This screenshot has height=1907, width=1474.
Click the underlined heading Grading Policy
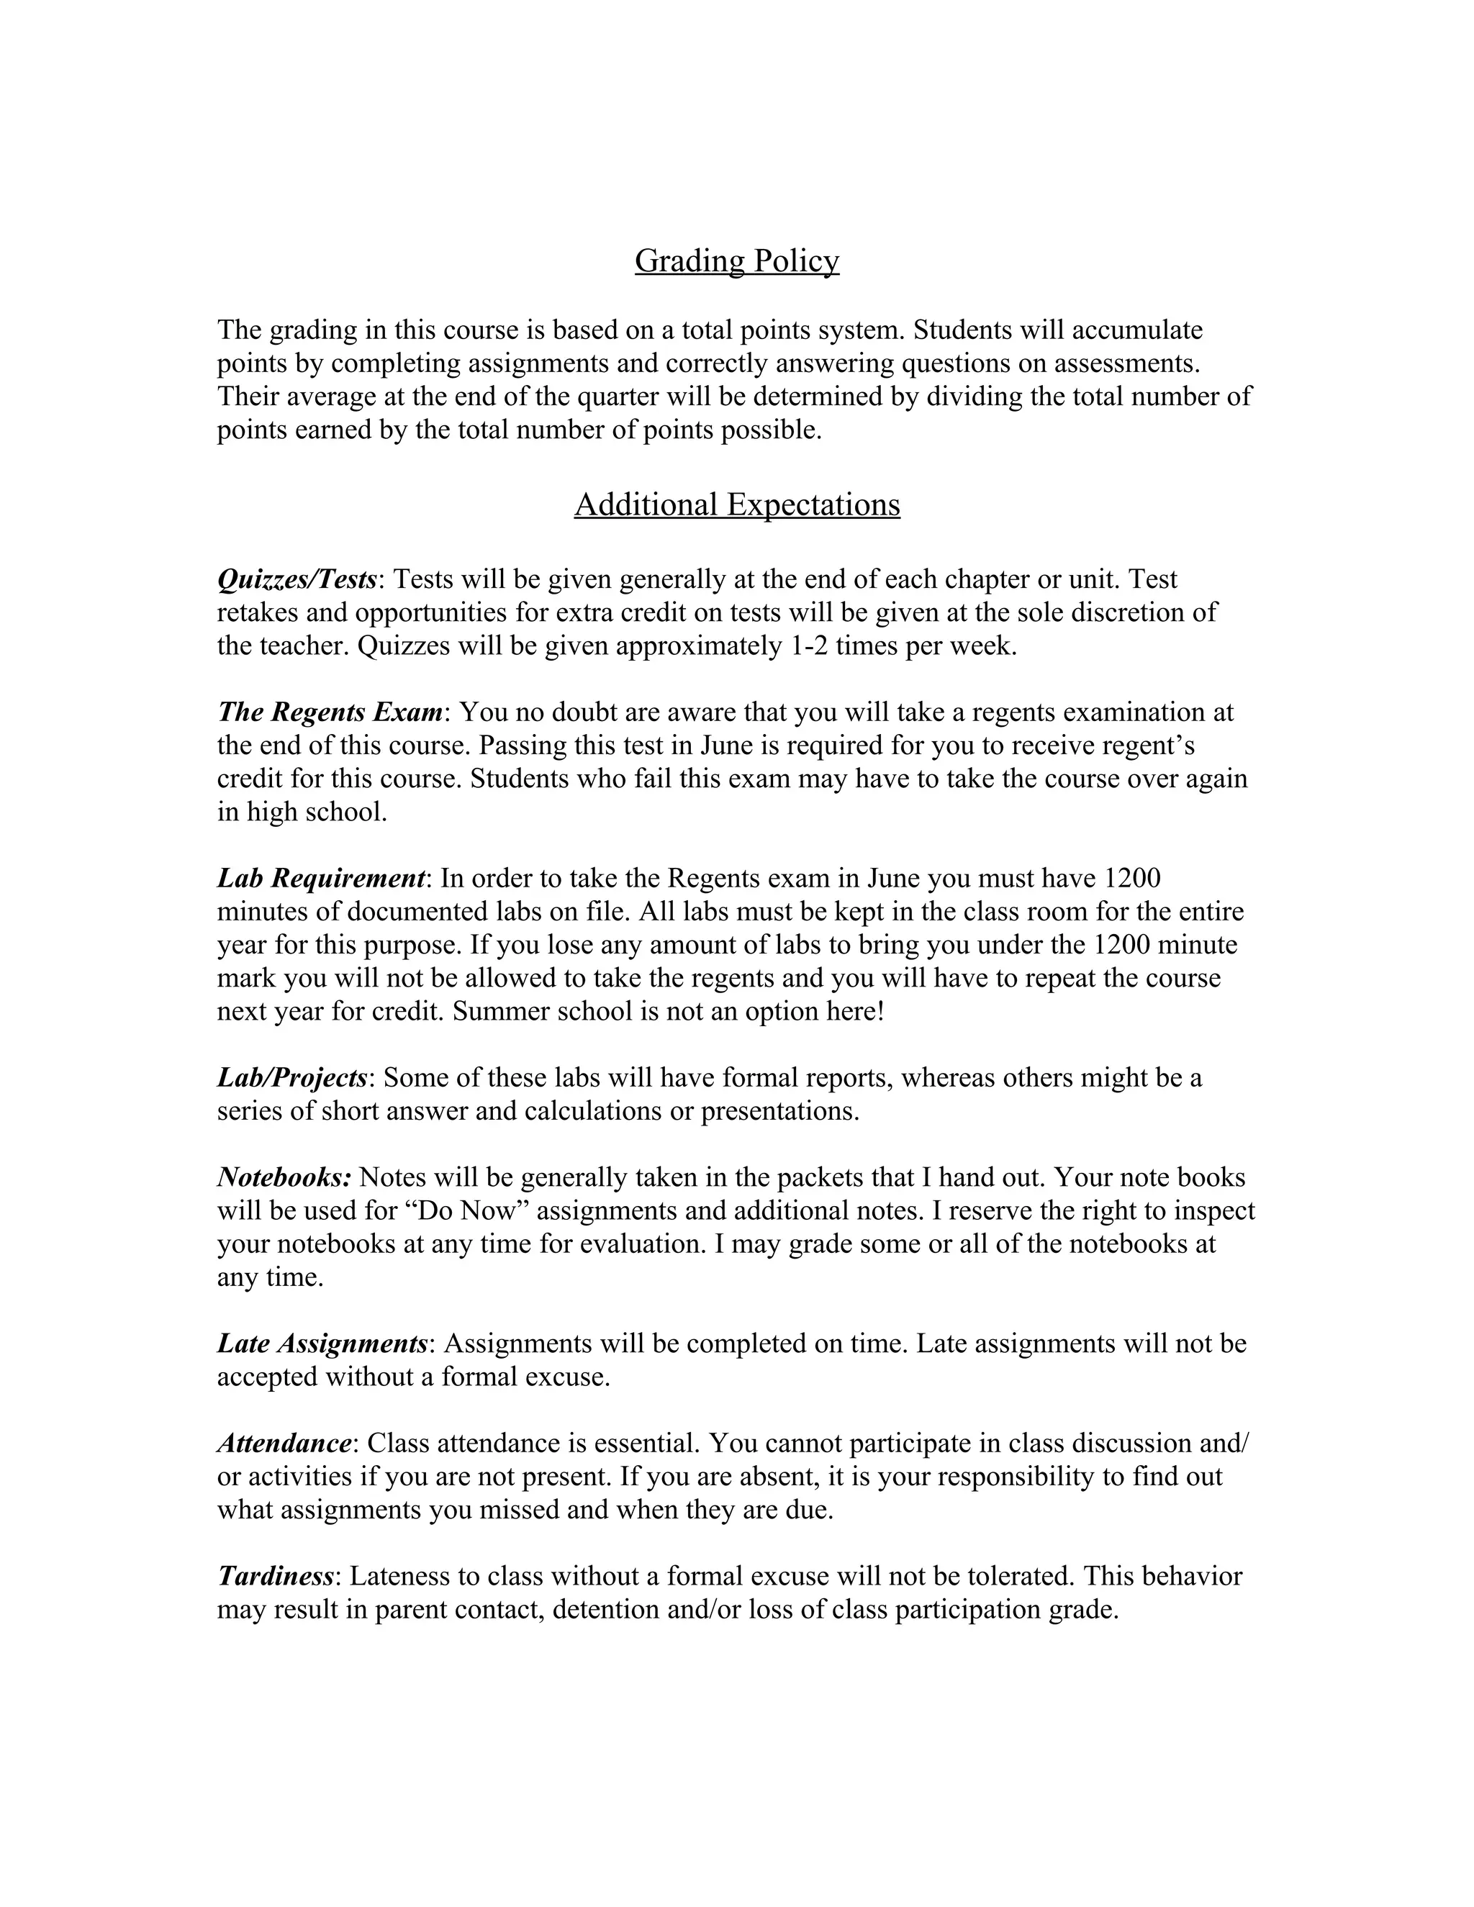[736, 261]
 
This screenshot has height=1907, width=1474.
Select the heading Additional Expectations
[736, 504]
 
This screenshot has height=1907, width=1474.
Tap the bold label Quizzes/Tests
[297, 579]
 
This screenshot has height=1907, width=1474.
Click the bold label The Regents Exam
[330, 712]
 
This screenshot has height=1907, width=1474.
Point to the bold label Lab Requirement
[320, 877]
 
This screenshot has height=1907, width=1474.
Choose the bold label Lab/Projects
[291, 1077]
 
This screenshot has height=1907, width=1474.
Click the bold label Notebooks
[284, 1177]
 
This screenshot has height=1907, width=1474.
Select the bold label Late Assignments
[321, 1343]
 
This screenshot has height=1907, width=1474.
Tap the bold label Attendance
[284, 1442]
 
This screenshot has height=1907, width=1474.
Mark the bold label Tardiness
[275, 1576]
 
